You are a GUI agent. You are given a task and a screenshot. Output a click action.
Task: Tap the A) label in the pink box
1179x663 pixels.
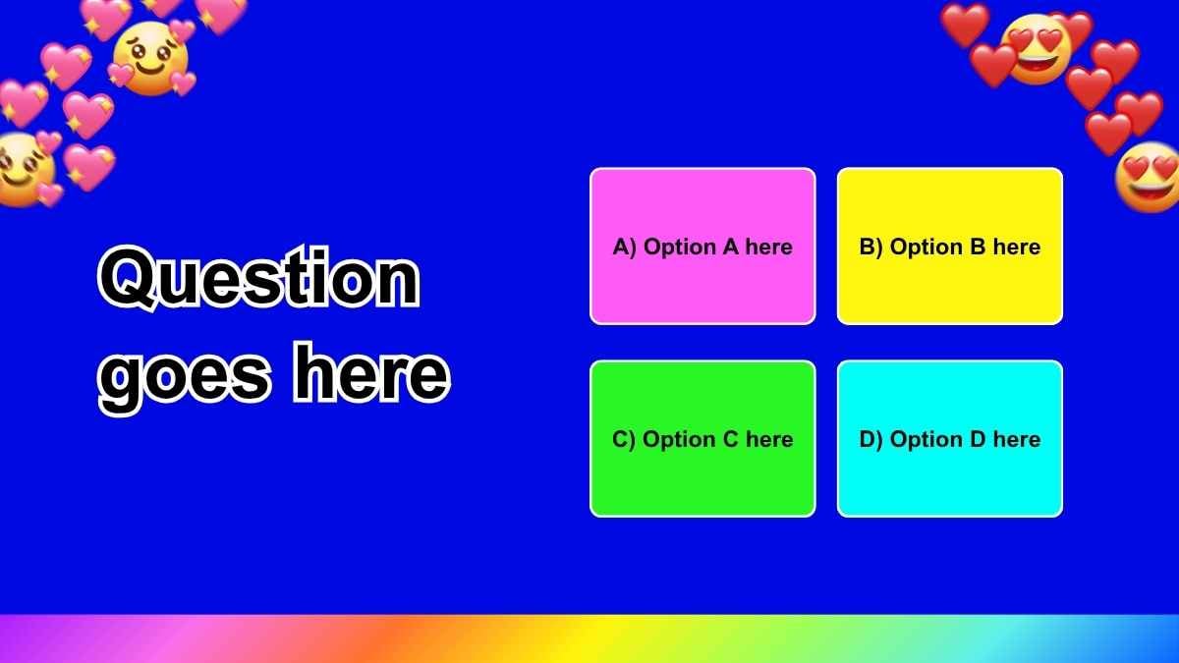[x=625, y=248]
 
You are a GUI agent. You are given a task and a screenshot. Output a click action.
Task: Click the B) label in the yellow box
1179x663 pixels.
[x=871, y=248]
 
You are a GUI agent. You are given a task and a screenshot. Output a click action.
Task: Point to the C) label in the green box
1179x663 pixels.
[x=625, y=440]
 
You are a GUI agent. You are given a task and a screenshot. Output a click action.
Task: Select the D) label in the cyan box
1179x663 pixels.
[x=871, y=440]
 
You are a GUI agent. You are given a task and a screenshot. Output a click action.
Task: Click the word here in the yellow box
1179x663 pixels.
[x=1016, y=248]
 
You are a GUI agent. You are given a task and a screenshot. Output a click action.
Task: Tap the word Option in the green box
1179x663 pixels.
[x=680, y=440]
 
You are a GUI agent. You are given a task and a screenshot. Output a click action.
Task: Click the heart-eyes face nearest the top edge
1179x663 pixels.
[x=1036, y=50]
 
